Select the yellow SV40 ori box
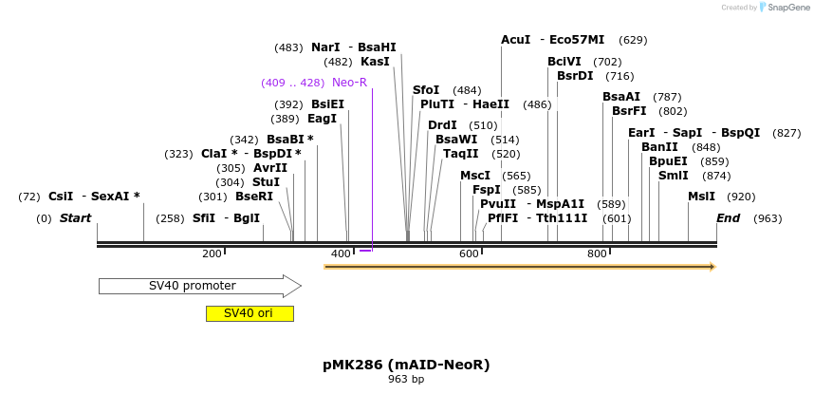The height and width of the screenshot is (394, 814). (250, 313)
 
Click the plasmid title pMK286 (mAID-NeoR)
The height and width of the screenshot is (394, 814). (406, 365)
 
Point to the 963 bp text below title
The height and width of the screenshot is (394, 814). (406, 380)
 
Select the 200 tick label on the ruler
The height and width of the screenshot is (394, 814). (212, 253)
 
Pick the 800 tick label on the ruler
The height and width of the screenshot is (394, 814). (597, 253)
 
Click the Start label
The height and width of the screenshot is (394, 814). (75, 218)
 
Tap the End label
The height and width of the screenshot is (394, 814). (729, 218)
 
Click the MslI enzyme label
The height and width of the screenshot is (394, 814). (702, 197)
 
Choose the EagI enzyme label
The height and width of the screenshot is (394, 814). (322, 119)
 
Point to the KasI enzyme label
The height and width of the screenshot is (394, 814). (375, 62)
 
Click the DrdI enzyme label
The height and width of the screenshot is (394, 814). (442, 125)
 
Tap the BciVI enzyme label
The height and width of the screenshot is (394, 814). (564, 62)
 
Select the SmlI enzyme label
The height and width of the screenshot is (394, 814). (674, 175)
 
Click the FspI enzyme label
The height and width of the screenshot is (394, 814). (487, 190)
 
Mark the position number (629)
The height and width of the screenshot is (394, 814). (633, 40)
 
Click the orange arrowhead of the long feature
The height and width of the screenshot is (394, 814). (711, 267)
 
